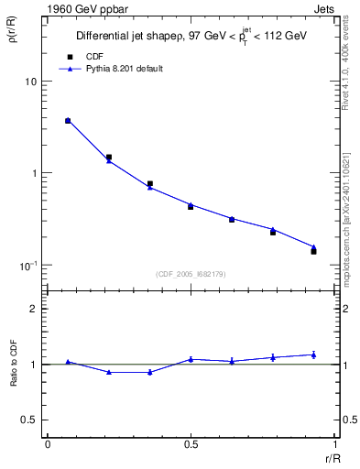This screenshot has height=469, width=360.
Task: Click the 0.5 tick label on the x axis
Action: coord(190,443)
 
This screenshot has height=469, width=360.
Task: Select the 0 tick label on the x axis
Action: coord(48,443)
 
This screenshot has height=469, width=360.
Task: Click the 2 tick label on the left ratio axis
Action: coord(34,309)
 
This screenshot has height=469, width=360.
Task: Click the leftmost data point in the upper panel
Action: coord(68,121)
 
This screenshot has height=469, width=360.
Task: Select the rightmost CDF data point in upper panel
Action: coord(313,251)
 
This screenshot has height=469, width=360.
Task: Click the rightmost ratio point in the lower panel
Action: coord(313,354)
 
